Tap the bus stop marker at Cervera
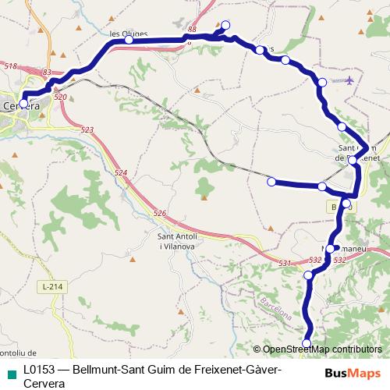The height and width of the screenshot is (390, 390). pyautogui.click(x=23, y=103)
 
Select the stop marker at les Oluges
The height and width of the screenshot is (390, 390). pyautogui.click(x=129, y=40)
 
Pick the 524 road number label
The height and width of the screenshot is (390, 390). pyautogui.click(x=120, y=172)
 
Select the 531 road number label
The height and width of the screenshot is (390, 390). pyautogui.click(x=285, y=264)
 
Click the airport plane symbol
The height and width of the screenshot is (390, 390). pyautogui.click(x=349, y=80)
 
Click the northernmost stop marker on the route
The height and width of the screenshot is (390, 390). pyautogui.click(x=226, y=25)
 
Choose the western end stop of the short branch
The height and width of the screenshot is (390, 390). pyautogui.click(x=271, y=182)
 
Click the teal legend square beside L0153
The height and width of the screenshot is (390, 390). pyautogui.click(x=9, y=371)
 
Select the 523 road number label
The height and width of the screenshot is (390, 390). pyautogui.click(x=87, y=129)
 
